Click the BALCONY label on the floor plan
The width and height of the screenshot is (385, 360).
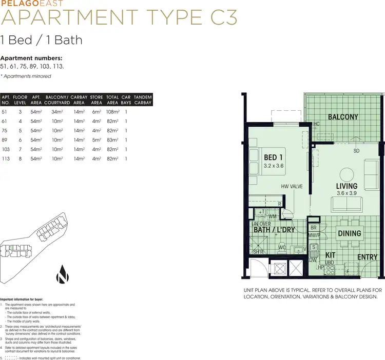point(343,117)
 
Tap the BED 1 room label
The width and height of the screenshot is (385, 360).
point(274,157)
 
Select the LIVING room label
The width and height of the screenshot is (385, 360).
point(346,186)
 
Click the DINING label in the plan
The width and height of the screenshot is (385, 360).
point(349,233)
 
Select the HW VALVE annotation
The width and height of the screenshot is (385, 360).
point(291,187)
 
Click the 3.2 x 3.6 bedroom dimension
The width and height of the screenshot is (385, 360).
point(274,166)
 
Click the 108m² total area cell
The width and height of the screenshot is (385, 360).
point(112,112)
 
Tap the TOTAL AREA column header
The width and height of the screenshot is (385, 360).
point(112,99)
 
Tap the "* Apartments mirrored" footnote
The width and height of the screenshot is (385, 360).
point(26,76)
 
